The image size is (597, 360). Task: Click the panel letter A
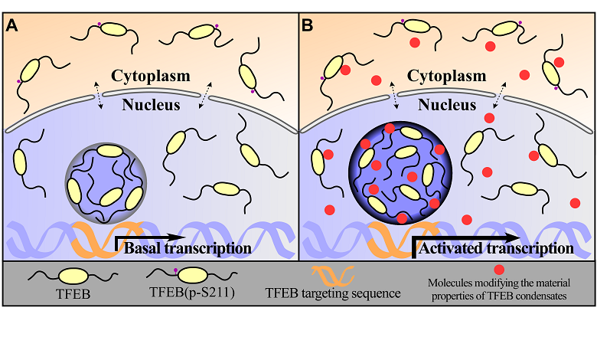(x=12, y=25)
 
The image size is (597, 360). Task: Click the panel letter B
(x=308, y=25)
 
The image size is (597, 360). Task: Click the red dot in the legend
(x=499, y=270)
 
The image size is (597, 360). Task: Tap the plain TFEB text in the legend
(x=70, y=292)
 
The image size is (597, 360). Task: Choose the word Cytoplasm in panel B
(x=447, y=76)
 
